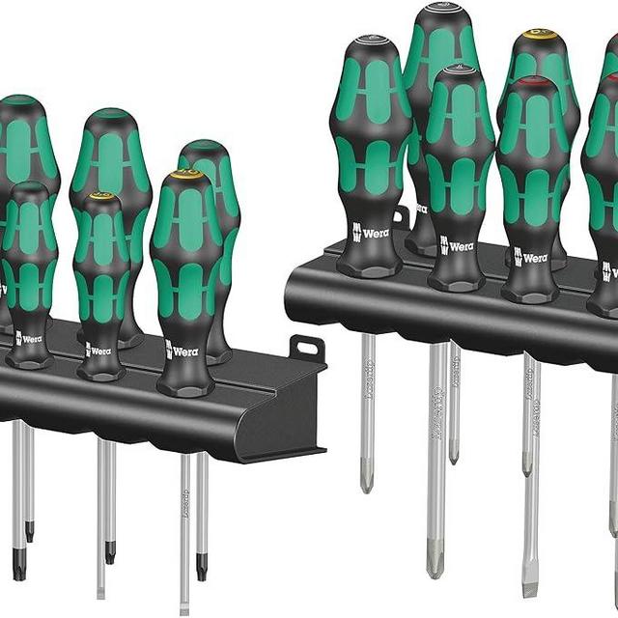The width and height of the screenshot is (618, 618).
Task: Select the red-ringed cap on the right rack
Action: [x=530, y=85]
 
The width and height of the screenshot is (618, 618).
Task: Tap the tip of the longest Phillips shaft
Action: [x=435, y=560]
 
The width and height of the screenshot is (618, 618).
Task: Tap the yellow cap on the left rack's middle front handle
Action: [x=100, y=199]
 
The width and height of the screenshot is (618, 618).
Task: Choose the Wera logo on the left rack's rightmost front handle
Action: [x=182, y=350]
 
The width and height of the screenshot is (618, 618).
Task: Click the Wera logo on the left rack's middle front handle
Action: [x=99, y=349]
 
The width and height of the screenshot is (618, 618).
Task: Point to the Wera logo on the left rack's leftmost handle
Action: [x=28, y=339]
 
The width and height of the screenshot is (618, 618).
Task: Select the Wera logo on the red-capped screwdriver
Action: [x=530, y=256]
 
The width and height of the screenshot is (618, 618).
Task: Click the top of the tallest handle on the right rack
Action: [x=441, y=12]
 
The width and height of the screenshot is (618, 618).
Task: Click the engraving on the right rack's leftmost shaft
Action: [x=368, y=379]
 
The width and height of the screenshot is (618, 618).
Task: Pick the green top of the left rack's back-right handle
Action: [x=204, y=147]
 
